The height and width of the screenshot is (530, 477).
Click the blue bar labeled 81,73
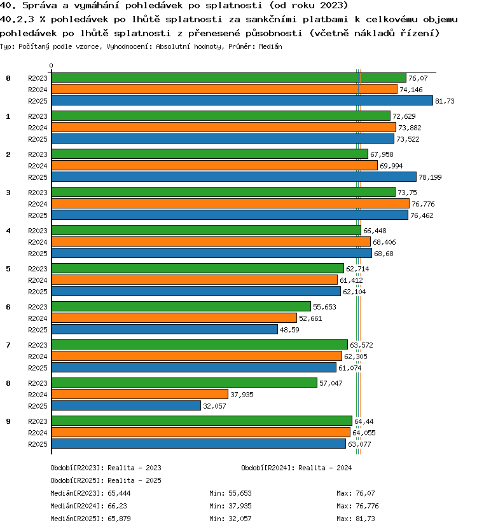(x=242, y=101)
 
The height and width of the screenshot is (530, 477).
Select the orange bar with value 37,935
(x=140, y=394)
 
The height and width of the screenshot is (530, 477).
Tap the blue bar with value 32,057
(x=126, y=405)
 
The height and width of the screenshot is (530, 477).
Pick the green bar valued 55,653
(x=181, y=306)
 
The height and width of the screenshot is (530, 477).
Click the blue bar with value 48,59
(x=165, y=330)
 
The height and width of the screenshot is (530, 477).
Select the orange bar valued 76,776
(x=231, y=204)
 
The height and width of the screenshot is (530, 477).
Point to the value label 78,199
(x=430, y=177)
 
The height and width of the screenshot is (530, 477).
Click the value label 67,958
(x=382, y=154)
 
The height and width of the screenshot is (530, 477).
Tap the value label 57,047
(x=331, y=383)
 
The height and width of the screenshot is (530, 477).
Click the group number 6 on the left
(x=8, y=307)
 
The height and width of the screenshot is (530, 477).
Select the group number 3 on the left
(x=8, y=193)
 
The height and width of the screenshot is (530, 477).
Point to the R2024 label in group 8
(x=38, y=395)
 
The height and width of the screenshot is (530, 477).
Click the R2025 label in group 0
(x=38, y=101)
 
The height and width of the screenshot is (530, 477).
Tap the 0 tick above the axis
(x=51, y=65)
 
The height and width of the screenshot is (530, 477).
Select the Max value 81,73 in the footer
(x=365, y=519)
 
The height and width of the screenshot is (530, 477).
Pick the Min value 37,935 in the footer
(x=240, y=506)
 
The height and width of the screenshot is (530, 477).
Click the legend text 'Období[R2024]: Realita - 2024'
(x=296, y=468)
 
